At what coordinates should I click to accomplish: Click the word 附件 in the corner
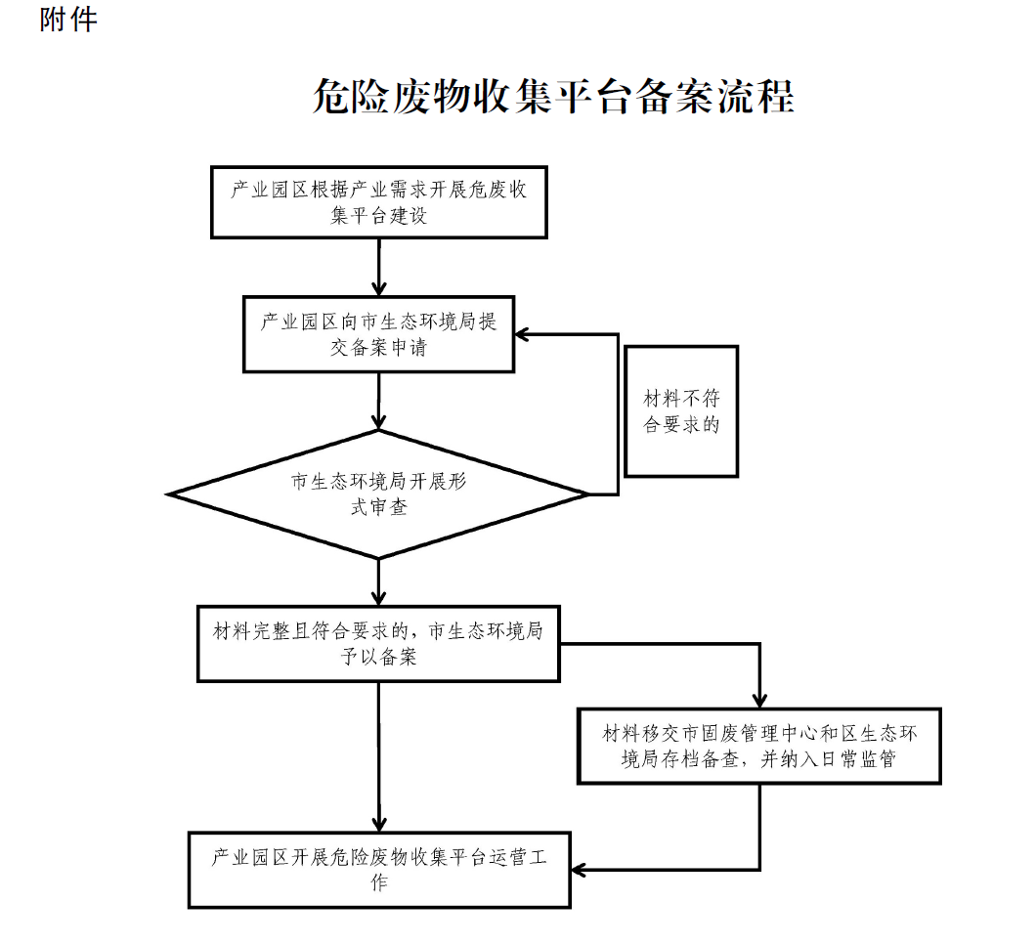pyautogui.click(x=68, y=20)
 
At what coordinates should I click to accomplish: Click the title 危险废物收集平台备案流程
pyautogui.click(x=553, y=98)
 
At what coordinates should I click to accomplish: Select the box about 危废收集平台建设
pyautogui.click(x=379, y=202)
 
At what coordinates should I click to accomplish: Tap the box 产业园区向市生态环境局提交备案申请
pyautogui.click(x=379, y=334)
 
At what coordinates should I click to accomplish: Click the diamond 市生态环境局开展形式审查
pyautogui.click(x=379, y=494)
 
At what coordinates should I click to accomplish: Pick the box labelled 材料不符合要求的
pyautogui.click(x=681, y=411)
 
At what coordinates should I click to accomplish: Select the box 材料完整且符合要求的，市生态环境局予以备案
pyautogui.click(x=379, y=644)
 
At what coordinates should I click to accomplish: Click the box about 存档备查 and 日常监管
pyautogui.click(x=758, y=746)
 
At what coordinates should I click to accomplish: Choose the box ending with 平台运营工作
pyautogui.click(x=379, y=870)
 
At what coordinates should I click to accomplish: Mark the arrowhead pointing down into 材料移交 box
pyautogui.click(x=759, y=700)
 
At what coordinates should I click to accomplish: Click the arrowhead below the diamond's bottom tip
pyautogui.click(x=379, y=597)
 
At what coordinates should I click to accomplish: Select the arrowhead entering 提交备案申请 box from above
pyautogui.click(x=379, y=287)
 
